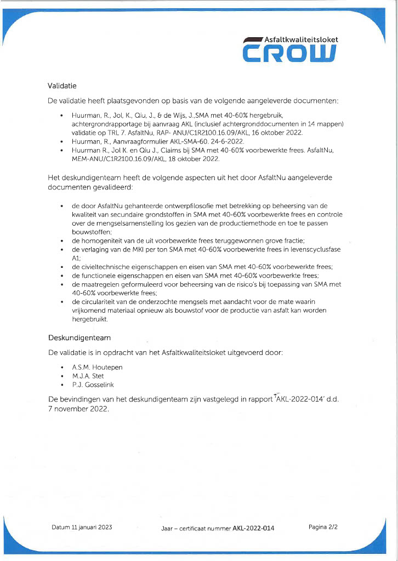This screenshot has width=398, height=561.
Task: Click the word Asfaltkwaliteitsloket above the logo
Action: [301, 39]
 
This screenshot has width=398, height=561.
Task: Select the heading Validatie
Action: [62, 86]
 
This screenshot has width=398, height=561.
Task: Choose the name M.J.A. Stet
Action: [88, 376]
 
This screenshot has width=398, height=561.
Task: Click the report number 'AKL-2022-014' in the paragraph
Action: [302, 399]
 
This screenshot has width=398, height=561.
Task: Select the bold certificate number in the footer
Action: [253, 528]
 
